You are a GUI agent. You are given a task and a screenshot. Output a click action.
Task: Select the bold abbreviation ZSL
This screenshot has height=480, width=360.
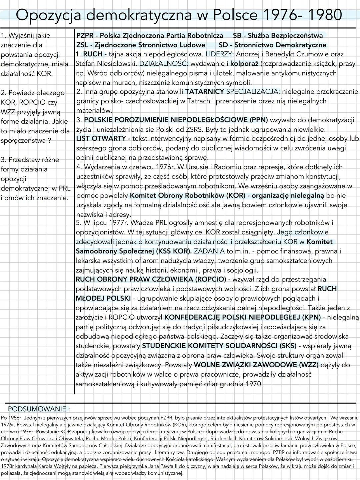point(82,45)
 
